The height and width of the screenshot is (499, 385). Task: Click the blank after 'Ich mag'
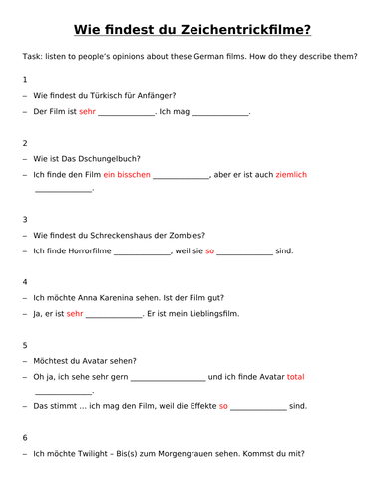pos(219,112)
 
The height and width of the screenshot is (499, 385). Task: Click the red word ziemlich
pos(291,175)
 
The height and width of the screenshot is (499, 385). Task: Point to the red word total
pos(295,377)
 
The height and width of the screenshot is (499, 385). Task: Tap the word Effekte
pos(195,406)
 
